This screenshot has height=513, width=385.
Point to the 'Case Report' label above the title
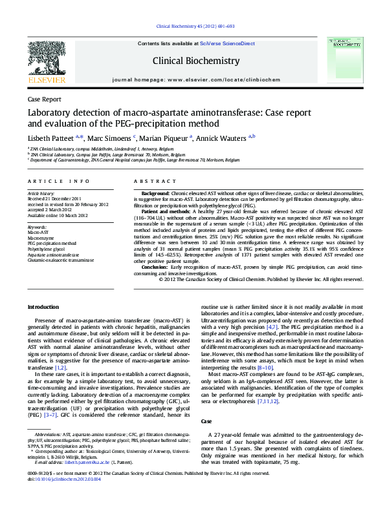pyautogui.click(x=44, y=99)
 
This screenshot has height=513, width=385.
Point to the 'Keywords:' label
pyautogui.click(x=37, y=227)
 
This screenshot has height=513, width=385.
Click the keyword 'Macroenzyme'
pyautogui.click(x=41, y=238)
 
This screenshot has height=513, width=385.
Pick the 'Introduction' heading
pyautogui.click(x=45, y=306)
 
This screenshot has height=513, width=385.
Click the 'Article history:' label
pyautogui.click(x=41, y=194)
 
